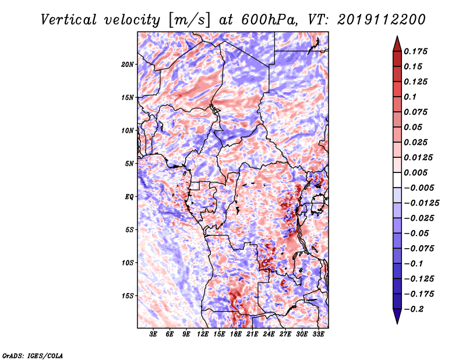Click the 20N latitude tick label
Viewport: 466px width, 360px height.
click(128, 65)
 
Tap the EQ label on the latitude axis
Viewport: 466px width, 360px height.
click(129, 197)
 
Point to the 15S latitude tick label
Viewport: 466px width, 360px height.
click(128, 296)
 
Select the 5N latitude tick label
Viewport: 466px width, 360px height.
click(129, 164)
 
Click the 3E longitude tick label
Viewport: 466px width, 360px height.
click(153, 334)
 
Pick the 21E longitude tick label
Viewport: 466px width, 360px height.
click(252, 334)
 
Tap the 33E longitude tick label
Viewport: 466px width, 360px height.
click(318, 334)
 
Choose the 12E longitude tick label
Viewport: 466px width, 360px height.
click(202, 334)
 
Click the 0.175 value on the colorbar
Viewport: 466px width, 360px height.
click(415, 52)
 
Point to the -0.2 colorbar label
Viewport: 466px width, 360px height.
click(414, 309)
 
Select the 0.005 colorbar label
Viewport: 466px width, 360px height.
click(415, 173)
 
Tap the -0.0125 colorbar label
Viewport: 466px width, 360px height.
click(421, 203)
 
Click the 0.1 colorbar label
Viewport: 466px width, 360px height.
click(410, 97)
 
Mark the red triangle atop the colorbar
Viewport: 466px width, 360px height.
click(397, 44)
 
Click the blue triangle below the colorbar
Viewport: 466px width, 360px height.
click(397, 316)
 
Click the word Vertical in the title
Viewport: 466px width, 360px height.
click(69, 20)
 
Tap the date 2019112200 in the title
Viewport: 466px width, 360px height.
click(382, 20)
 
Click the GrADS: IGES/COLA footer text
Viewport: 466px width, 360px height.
click(33, 356)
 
